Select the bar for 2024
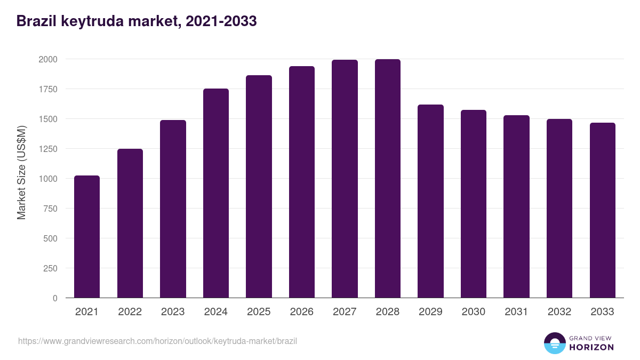coord(216,193)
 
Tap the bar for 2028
coord(388,178)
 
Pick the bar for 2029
coord(430,201)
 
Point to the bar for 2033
coord(603,210)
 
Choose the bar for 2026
coord(302,182)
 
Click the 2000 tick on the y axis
coord(47,59)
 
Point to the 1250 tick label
coord(47,149)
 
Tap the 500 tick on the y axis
coord(50,238)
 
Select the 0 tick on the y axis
coord(55,298)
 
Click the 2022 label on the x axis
coord(130,312)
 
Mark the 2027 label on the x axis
coord(345,312)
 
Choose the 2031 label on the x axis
coord(516,312)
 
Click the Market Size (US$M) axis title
coord(21,172)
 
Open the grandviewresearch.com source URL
coord(157,341)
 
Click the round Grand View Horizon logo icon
coord(554,343)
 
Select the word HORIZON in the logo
coord(591,347)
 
